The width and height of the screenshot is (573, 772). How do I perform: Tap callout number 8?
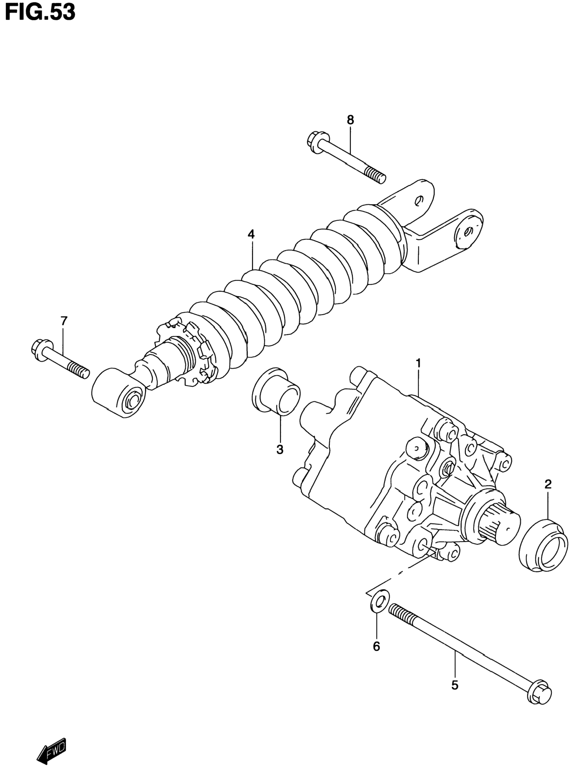tap(350, 120)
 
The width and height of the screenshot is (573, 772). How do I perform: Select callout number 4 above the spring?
tap(251, 234)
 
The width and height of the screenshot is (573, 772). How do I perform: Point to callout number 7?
tap(63, 321)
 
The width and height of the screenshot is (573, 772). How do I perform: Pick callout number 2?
tap(548, 484)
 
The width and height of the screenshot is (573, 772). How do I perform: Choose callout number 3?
tap(280, 449)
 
